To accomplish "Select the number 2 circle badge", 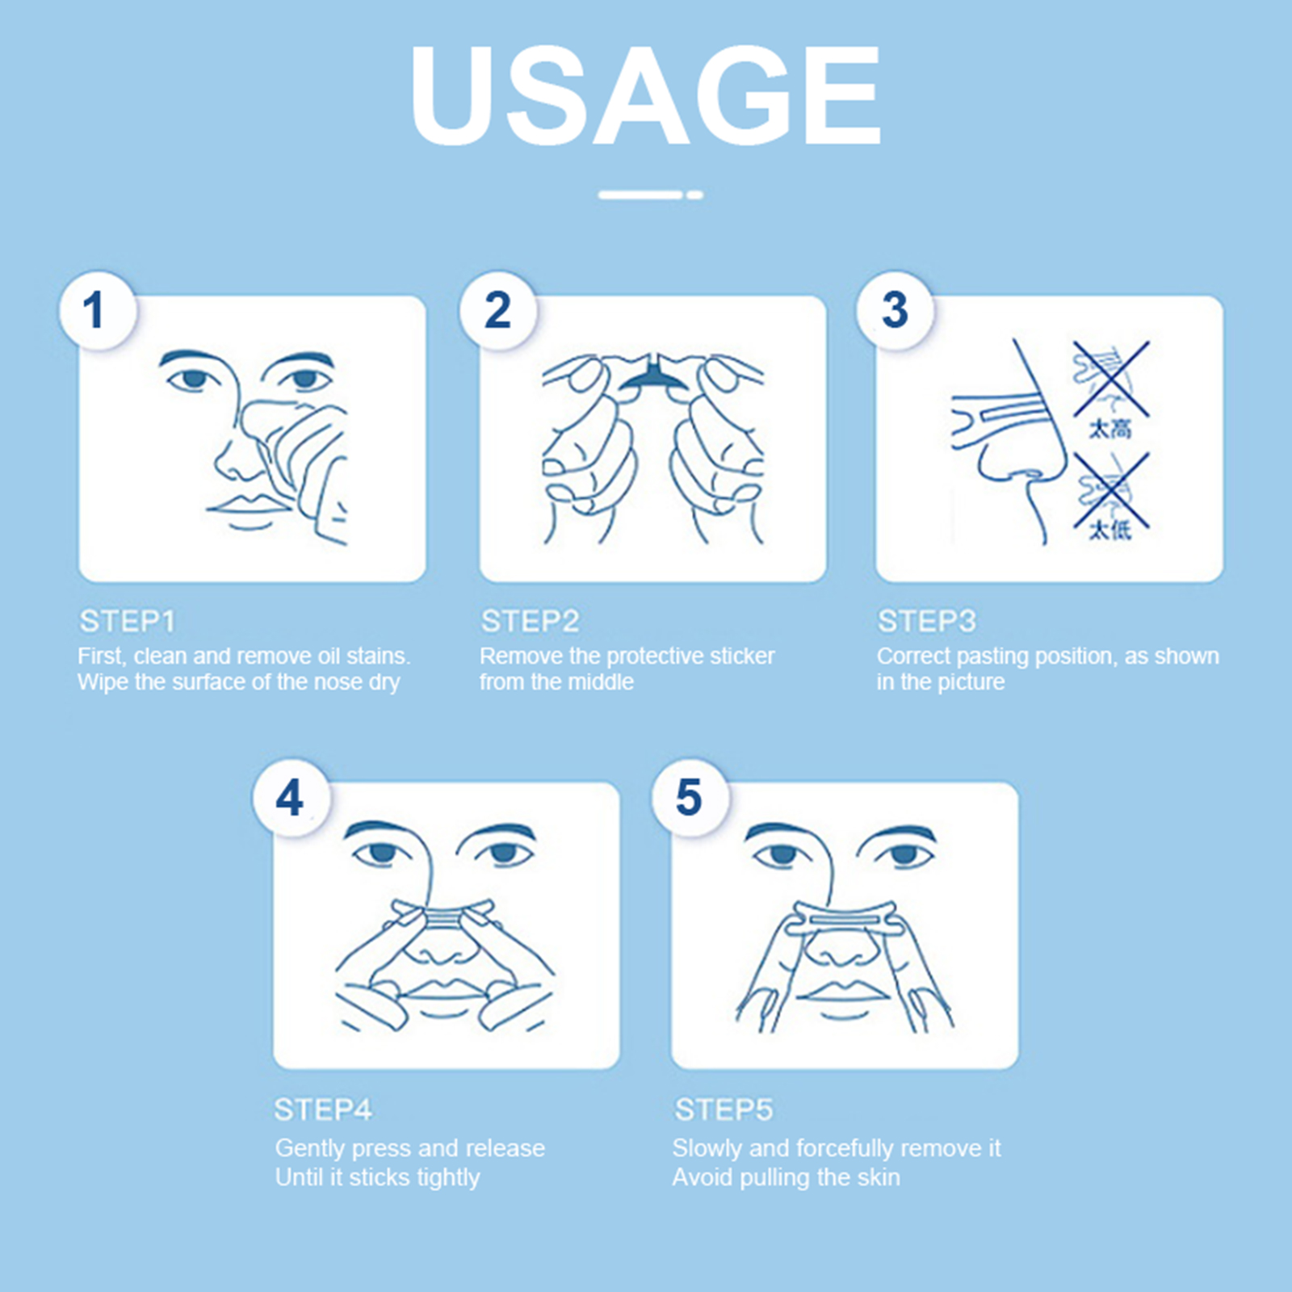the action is (x=497, y=311).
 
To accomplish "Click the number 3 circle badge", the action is (x=895, y=311).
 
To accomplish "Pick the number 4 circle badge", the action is (x=291, y=798).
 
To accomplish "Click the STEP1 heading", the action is (x=127, y=621).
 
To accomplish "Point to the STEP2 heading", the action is (x=530, y=621).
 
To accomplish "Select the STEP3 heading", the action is (x=927, y=621).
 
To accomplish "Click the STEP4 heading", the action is (x=323, y=1110).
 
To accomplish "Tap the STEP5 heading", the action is (x=724, y=1110).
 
